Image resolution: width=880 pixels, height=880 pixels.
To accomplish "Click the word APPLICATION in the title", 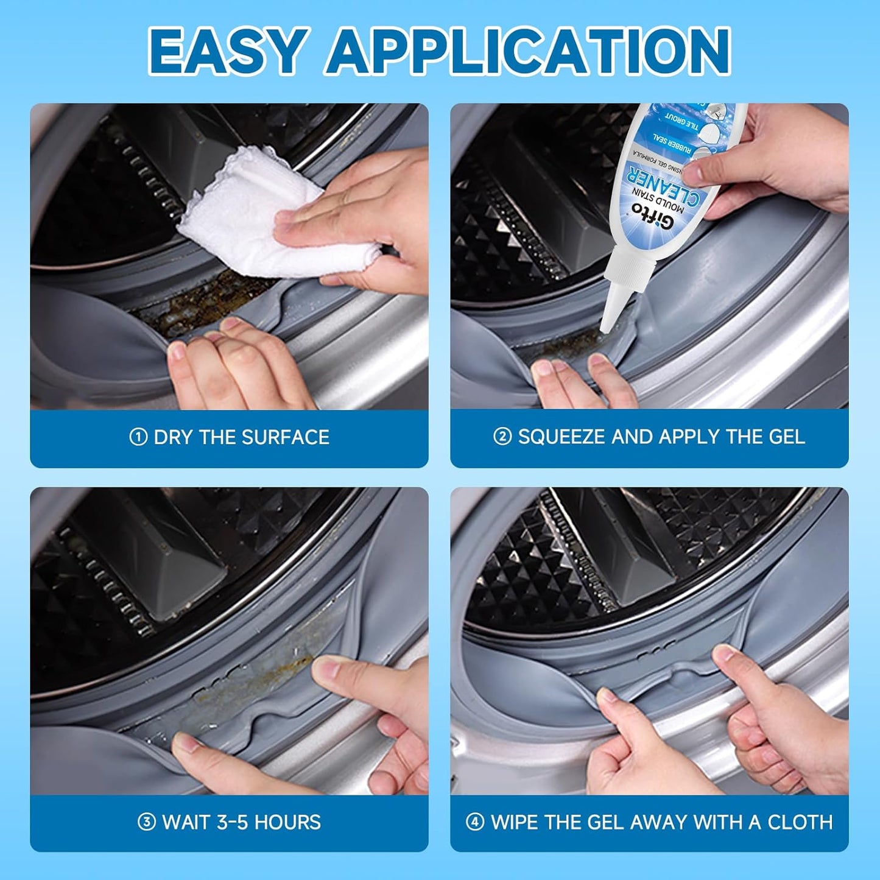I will point(528,51).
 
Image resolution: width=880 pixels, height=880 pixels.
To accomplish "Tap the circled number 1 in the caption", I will point(138,437).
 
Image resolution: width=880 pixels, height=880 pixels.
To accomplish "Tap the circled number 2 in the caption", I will point(502,437).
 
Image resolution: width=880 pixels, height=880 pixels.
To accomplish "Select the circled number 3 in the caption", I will point(146,822).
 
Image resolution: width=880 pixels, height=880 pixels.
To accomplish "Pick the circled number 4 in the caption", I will point(475,822).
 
